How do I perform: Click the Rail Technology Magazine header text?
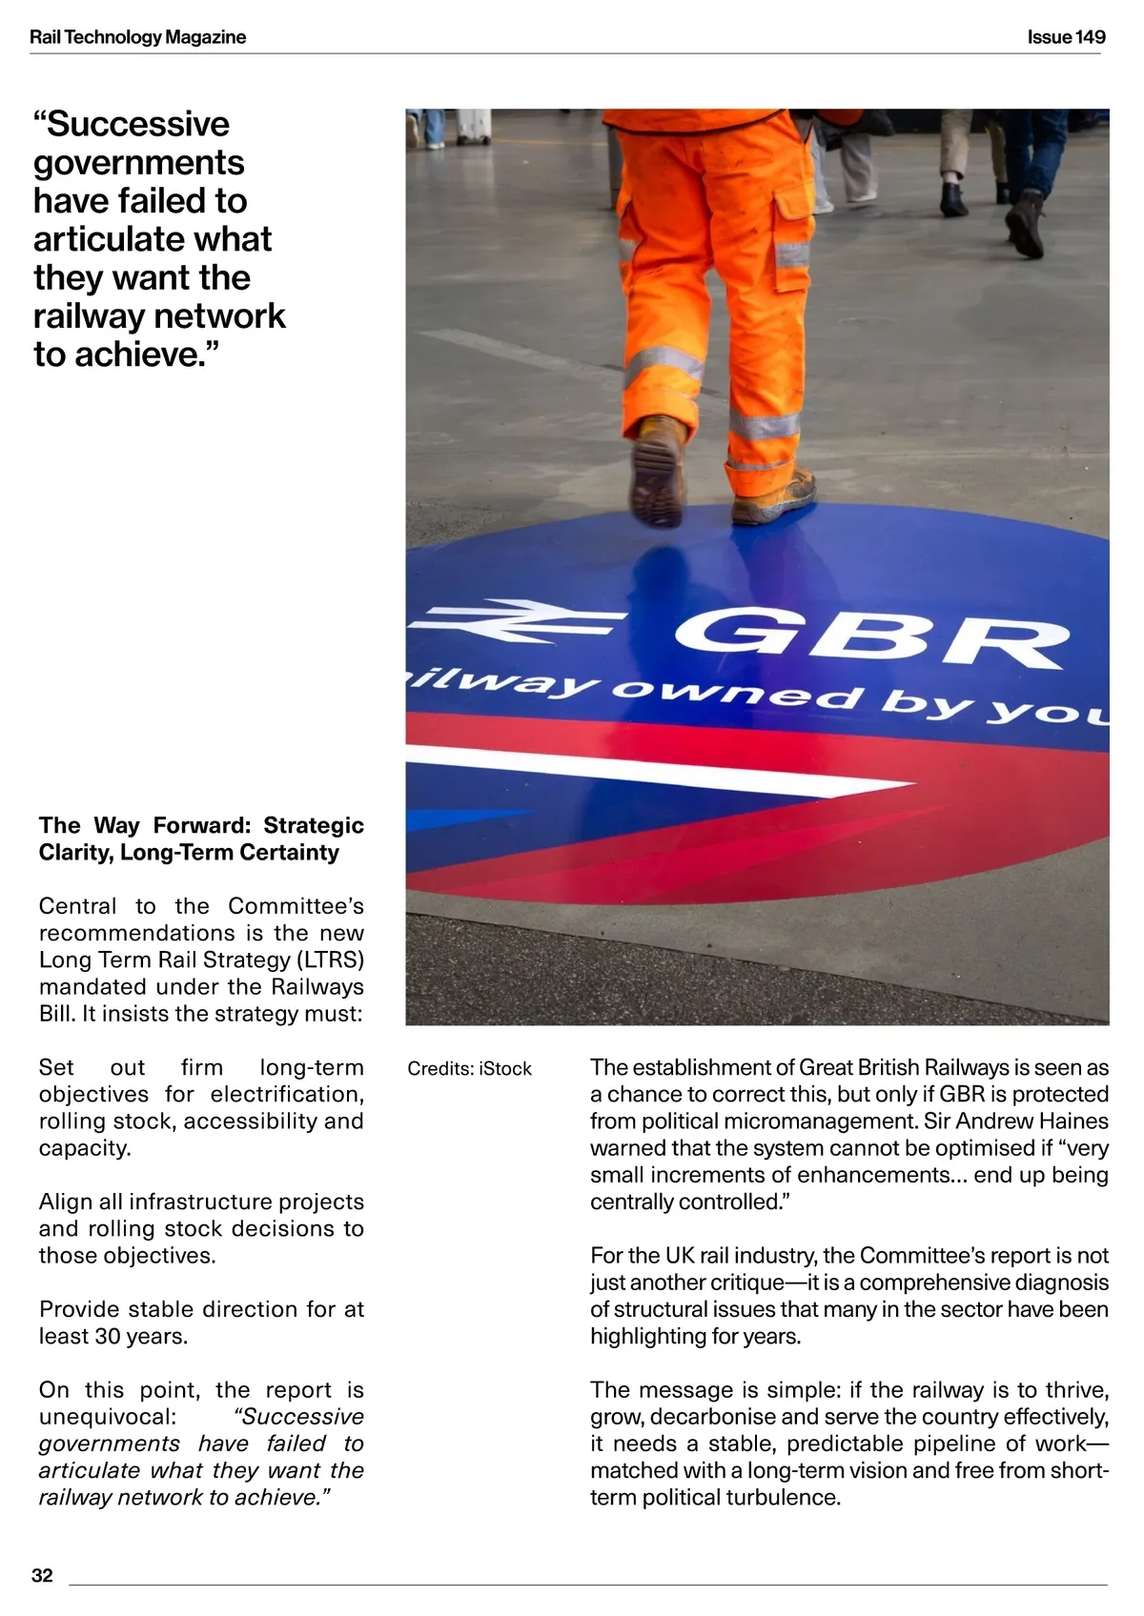pos(137,37)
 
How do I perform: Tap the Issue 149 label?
pos(1066,37)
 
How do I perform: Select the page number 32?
pos(42,1575)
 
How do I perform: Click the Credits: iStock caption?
pos(469,1069)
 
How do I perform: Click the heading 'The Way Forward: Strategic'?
pos(201,825)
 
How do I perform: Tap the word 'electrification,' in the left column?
pos(287,1094)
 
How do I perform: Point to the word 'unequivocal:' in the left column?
pos(108,1416)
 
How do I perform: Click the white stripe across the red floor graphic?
pos(667,772)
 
